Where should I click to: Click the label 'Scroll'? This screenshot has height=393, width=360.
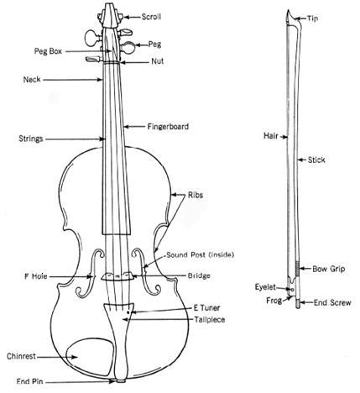coord(151,17)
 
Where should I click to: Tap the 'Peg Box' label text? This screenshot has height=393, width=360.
coord(48,51)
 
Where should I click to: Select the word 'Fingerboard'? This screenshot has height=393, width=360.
coord(168,127)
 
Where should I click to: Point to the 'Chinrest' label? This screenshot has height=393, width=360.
coord(21,356)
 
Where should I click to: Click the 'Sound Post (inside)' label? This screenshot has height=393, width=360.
coord(201,254)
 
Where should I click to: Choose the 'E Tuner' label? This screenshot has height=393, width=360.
coord(206,307)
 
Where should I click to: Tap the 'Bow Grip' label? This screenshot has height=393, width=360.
coord(329,269)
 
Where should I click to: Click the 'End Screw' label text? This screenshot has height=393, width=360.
coord(332,302)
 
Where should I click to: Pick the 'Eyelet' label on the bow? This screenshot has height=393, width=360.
coord(265,287)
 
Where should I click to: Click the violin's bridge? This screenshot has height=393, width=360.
coord(117,276)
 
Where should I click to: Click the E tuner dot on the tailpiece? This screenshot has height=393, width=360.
coord(128,312)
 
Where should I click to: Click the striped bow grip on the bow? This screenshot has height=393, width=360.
coord(298,268)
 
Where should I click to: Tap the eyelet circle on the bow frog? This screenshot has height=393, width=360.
coord(293,290)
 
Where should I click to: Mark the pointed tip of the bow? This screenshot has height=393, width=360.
coord(288,11)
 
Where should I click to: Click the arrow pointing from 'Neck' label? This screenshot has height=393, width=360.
coord(73,80)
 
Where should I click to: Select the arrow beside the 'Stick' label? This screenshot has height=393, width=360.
coord(301,160)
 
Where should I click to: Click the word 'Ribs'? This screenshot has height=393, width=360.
coord(196,195)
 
